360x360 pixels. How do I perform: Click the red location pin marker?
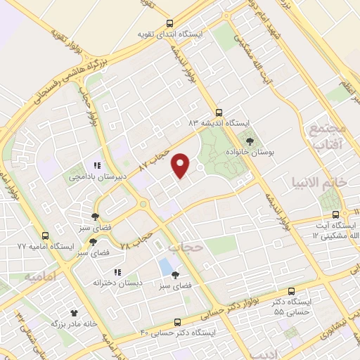(x=182, y=165)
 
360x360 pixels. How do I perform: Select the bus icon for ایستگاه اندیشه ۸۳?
(x=219, y=112)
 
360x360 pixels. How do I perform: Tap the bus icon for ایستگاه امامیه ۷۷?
(x=46, y=236)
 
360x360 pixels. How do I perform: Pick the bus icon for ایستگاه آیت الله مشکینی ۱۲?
(x=336, y=214)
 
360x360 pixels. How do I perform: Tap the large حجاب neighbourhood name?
(x=186, y=247)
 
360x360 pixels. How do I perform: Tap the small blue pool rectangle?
(x=165, y=267)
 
